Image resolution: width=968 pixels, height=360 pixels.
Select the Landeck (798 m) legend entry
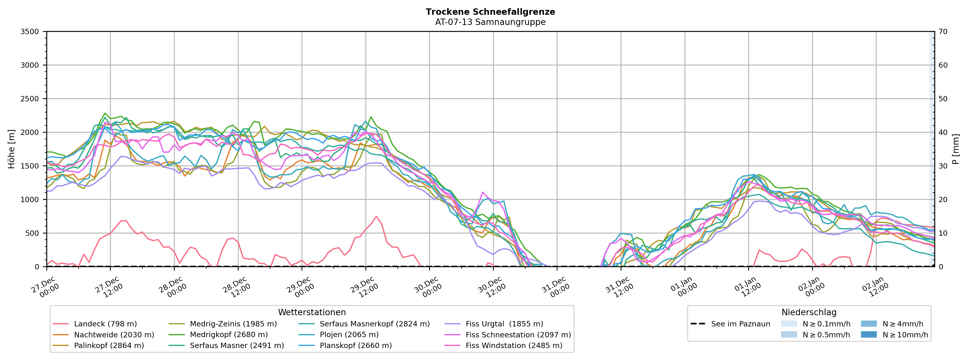coord(105,324)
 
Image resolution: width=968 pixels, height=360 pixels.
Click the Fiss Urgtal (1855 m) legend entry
coord(504,324)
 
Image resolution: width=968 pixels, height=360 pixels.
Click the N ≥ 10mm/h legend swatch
coord(868,335)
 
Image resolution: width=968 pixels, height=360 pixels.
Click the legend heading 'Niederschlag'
coord(809,313)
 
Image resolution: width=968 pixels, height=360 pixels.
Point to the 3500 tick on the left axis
coord(30,32)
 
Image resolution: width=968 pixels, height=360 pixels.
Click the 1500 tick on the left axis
coord(30,166)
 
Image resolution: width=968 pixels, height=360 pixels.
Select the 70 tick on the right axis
coord(943,32)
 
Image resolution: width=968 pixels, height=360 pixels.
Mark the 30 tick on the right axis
coord(943,166)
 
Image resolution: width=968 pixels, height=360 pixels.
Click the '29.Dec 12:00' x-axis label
coord(363,287)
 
